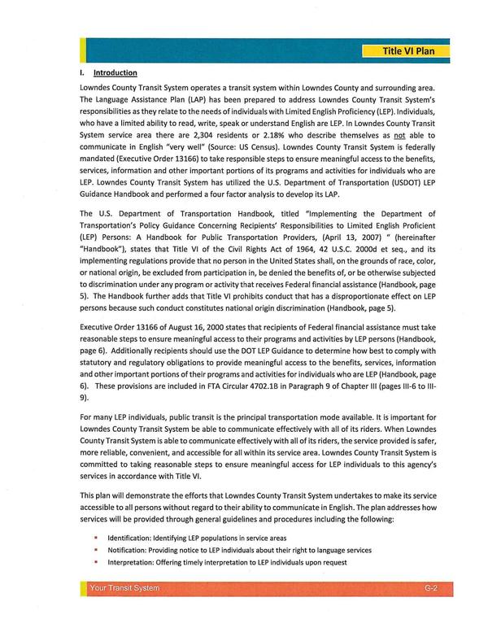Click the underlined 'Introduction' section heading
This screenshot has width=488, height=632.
tap(116, 72)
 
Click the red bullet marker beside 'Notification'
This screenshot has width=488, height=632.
tap(96, 550)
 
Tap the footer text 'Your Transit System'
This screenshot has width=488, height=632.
tap(125, 611)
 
